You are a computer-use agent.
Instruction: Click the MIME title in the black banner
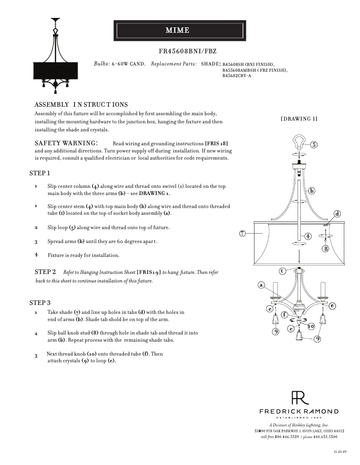pyautogui.click(x=178, y=30)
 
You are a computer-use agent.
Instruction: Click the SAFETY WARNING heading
pyautogui.click(x=66, y=143)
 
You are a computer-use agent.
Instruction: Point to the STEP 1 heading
pyautogui.click(x=40, y=173)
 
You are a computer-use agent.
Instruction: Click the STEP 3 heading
pyautogui.click(x=40, y=303)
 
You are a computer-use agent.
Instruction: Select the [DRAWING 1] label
pyautogui.click(x=299, y=119)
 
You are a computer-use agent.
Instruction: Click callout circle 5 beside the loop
pyautogui.click(x=314, y=144)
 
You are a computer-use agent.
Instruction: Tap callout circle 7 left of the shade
pyautogui.click(x=242, y=233)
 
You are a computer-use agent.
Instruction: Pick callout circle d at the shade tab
pyautogui.click(x=338, y=214)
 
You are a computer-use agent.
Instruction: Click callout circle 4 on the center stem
pyautogui.click(x=308, y=236)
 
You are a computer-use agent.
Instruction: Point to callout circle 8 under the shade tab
pyautogui.click(x=325, y=248)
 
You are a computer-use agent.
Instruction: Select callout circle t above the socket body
pyautogui.click(x=281, y=271)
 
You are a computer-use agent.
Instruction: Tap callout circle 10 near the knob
pyautogui.click(x=311, y=326)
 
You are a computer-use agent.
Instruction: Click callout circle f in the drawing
pyautogui.click(x=284, y=314)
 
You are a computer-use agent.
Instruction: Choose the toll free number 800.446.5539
pyautogui.click(x=287, y=437)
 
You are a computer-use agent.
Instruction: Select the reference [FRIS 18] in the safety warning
pyautogui.click(x=220, y=143)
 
